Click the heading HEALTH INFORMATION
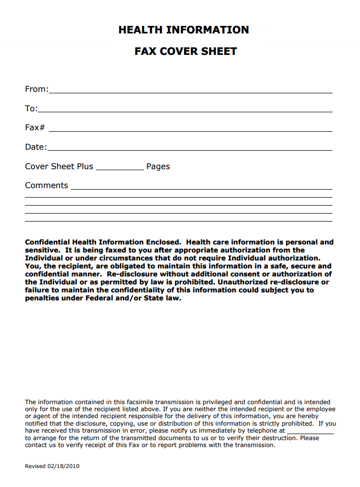pos(183,30)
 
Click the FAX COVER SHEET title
pos(186,51)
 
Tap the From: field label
pos(36,89)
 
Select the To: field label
pos(31,109)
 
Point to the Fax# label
pos(35,128)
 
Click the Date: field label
pos(35,147)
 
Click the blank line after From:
pos(190,92)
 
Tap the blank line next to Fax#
pos(190,131)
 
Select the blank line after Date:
pos(190,150)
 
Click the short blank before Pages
pos(119,170)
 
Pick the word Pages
pos(158,167)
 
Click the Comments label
pos(46,186)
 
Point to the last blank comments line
pos(179,221)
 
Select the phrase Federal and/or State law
pos(138,298)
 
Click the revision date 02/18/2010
pos(63,467)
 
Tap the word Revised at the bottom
pos(35,467)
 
